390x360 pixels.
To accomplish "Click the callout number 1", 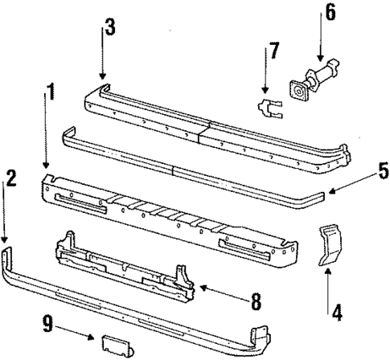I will (51, 94).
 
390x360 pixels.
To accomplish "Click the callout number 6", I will (330, 14).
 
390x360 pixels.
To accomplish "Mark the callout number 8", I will (256, 302).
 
